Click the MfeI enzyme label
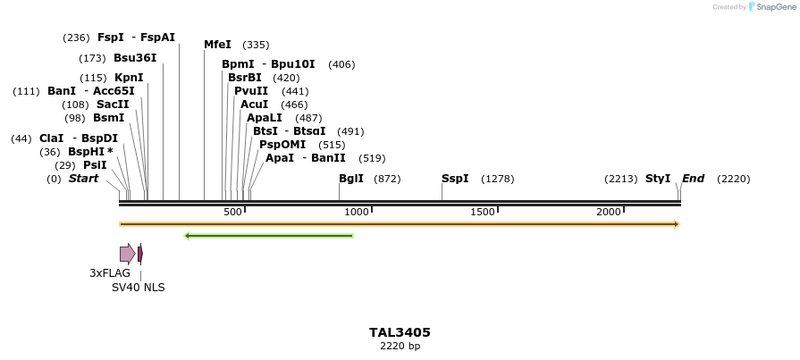coord(217,45)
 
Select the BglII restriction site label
coord(351,179)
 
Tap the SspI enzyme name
coord(455,179)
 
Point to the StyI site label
coord(658,179)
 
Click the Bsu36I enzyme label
coord(135,58)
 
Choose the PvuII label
coord(251,91)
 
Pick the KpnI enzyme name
coord(129,78)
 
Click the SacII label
coord(113,105)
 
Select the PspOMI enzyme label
coord(282,145)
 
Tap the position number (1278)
coord(498,179)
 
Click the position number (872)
coord(387,179)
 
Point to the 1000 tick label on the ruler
coord(357,212)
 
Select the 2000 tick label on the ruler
coord(609,212)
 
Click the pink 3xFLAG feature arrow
coord(127,254)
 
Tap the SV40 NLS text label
coord(138,288)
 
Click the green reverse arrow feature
coord(268,236)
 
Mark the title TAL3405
coord(400,332)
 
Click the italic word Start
coord(83,179)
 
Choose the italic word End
coord(693,179)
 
